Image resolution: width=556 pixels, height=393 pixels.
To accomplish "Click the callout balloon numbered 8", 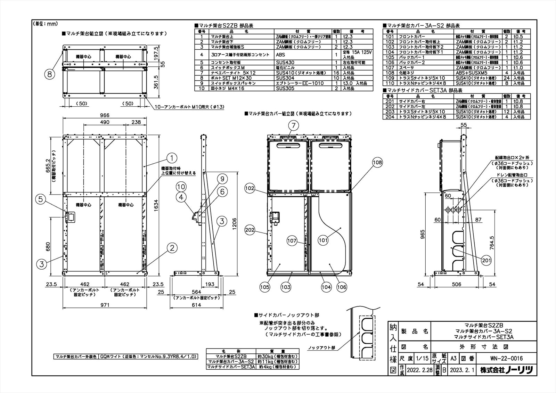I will (x=50, y=74).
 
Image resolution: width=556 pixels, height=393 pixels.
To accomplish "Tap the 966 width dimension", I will (x=105, y=115).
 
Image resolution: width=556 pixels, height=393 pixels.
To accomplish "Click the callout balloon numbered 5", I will (x=41, y=199).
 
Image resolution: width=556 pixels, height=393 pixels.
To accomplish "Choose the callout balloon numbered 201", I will (x=486, y=260).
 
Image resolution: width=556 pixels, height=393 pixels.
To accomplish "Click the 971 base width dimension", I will (x=105, y=305).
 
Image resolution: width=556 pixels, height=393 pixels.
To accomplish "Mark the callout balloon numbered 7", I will (x=293, y=125).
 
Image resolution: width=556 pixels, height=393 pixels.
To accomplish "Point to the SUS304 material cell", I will (x=285, y=78).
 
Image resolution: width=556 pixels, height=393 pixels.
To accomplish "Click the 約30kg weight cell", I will (x=277, y=356).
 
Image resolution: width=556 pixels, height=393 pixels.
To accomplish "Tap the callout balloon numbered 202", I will (x=250, y=230).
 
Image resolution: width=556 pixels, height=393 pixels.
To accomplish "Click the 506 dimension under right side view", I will (x=456, y=284).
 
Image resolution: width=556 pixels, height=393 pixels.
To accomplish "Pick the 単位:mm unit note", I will (x=46, y=24).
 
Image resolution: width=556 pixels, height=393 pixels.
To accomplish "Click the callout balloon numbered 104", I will (x=326, y=287).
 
